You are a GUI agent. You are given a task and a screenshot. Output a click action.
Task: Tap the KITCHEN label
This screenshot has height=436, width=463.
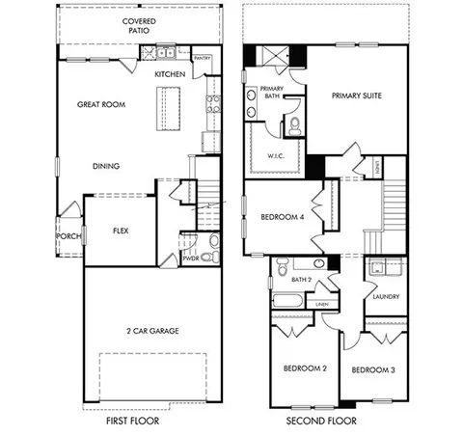(x=170, y=74)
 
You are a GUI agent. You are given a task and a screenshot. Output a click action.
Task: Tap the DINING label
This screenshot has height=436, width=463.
(x=106, y=166)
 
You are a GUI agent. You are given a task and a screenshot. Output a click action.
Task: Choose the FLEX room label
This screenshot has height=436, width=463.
(x=121, y=231)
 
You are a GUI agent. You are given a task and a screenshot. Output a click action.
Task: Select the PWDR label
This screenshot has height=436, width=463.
(x=190, y=259)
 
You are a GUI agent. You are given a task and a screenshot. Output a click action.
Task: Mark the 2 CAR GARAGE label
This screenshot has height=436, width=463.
(x=151, y=331)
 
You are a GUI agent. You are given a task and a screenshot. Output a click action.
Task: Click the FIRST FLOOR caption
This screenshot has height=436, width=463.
(x=132, y=421)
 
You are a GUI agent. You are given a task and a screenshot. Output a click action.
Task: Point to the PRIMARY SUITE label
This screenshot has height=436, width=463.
(x=359, y=96)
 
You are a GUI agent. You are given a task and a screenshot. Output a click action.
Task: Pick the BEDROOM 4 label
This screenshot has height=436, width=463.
(x=283, y=218)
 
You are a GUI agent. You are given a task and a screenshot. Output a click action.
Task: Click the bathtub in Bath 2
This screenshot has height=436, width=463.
(x=288, y=301)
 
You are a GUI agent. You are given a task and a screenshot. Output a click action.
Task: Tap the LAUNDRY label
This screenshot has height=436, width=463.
(x=386, y=297)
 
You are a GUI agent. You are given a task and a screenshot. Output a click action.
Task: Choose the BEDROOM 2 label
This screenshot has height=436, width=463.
(x=305, y=369)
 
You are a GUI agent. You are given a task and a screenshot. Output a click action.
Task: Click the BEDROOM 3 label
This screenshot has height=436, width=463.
(x=372, y=369)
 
